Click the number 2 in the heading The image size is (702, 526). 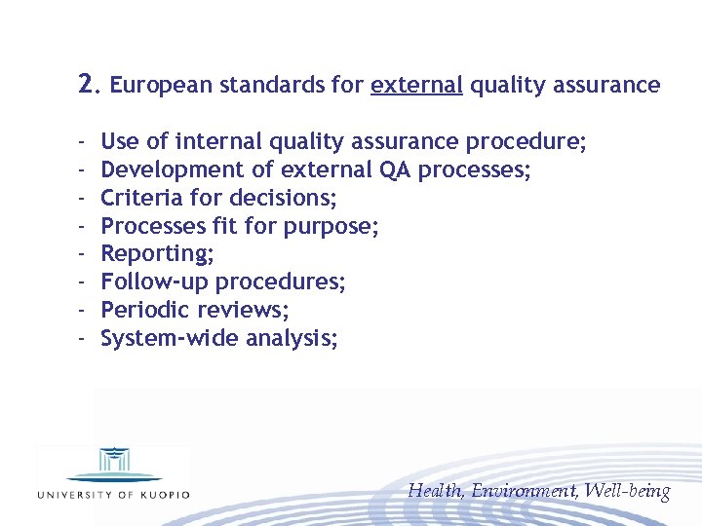point(87,84)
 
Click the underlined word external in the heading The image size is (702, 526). point(416,85)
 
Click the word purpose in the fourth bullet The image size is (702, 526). point(331,227)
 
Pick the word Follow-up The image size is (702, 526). point(154,282)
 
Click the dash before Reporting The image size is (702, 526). point(83,254)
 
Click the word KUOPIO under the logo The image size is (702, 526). point(162,494)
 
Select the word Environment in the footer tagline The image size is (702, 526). point(525,491)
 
